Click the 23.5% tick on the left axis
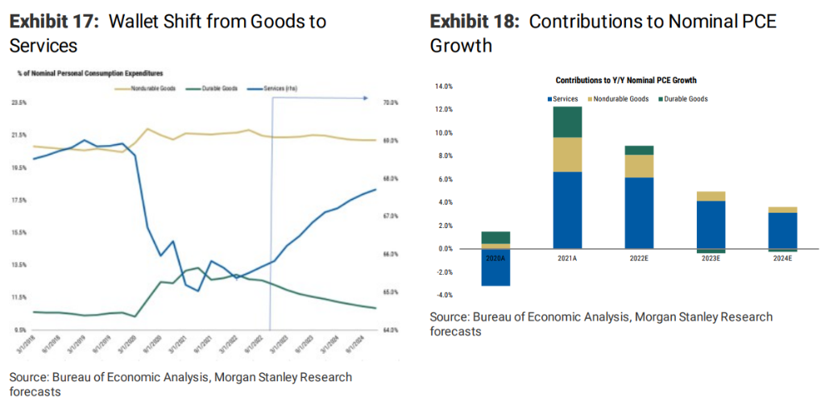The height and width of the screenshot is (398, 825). [19, 103]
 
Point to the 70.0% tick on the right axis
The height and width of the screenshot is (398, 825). [391, 103]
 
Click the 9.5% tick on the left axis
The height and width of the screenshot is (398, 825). [19, 330]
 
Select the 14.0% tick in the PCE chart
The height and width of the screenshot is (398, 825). [444, 85]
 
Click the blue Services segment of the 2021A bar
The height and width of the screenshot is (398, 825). [567, 209]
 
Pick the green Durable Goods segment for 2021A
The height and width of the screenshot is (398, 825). [567, 122]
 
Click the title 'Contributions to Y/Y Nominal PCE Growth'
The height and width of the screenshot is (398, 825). [626, 81]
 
